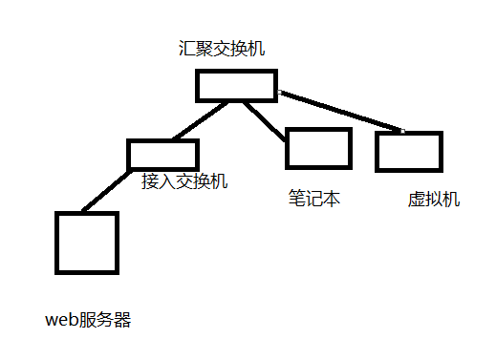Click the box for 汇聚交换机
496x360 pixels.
[x=236, y=85]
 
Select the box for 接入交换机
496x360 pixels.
[x=162, y=154]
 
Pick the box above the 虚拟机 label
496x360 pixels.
[x=408, y=151]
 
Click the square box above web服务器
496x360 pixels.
[x=87, y=243]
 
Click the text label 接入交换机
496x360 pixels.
[x=184, y=180]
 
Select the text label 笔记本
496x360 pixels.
[x=314, y=199]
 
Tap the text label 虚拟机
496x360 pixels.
[x=434, y=200]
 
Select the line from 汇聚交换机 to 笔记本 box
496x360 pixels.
[x=263, y=119]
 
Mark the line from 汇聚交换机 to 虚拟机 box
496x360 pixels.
[x=339, y=111]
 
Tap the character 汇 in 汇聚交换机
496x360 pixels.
[x=186, y=48]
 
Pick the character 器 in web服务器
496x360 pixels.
[x=121, y=320]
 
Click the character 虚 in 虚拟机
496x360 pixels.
[x=417, y=200]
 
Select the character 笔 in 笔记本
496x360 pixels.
[x=297, y=199]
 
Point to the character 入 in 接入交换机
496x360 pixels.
[x=167, y=180]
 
